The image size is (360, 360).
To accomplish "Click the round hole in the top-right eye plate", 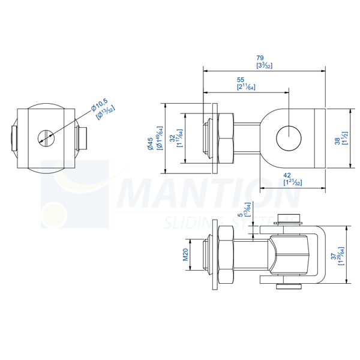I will click(289, 138).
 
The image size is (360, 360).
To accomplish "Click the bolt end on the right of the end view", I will click(82, 139).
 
